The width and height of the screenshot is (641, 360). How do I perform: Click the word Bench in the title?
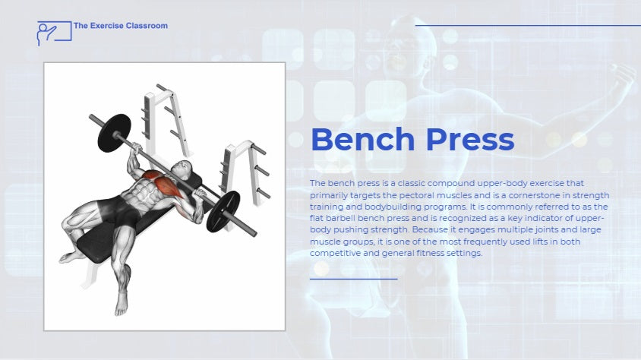tap(363, 139)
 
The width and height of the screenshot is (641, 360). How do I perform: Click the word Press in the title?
tap(469, 139)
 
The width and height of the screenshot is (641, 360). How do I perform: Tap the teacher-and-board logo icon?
tap(55, 33)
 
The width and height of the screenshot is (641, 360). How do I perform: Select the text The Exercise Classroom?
tap(121, 26)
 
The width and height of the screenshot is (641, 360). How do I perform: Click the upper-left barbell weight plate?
tap(114, 133)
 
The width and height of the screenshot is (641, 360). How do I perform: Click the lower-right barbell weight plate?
tap(223, 212)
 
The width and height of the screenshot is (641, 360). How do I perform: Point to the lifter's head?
tap(182, 169)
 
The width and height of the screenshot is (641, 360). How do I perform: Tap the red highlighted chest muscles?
tap(163, 182)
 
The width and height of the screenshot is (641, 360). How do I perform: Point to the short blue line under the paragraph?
tap(354, 279)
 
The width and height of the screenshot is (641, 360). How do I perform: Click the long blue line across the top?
tap(528, 25)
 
